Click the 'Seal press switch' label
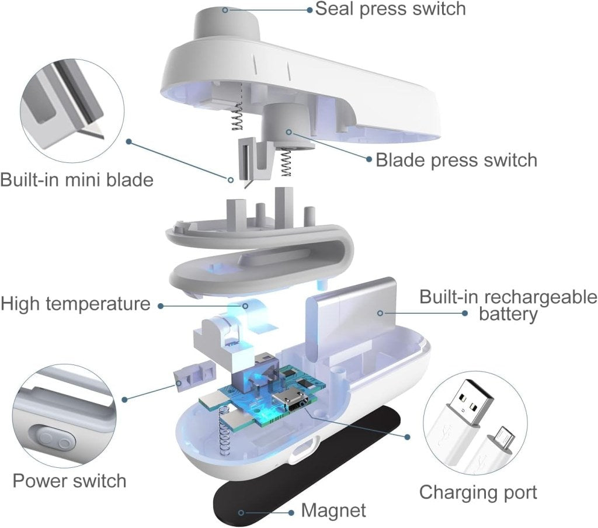pyautogui.click(x=390, y=9)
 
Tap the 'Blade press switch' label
pyautogui.click(x=456, y=159)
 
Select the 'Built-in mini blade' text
pyautogui.click(x=77, y=179)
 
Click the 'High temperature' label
pyautogui.click(x=75, y=304)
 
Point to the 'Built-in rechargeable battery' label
pyautogui.click(x=507, y=305)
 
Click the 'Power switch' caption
pyautogui.click(x=69, y=481)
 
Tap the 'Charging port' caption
pyautogui.click(x=478, y=492)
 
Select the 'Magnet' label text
pyautogui.click(x=333, y=510)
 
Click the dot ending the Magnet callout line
pyautogui.click(x=241, y=512)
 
